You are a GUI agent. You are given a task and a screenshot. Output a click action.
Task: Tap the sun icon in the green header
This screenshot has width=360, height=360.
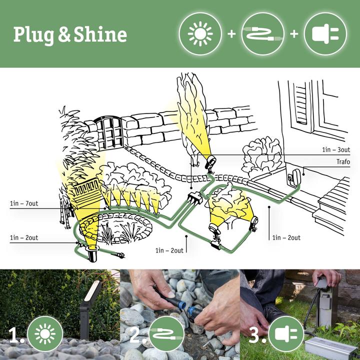[x=200, y=33]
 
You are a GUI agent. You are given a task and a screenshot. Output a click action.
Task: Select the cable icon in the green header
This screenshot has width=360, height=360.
[x=262, y=33]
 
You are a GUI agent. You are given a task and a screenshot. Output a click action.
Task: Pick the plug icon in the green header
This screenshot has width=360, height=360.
[x=325, y=33]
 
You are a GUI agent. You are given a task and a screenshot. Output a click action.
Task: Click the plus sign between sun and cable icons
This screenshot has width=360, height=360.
[x=231, y=34]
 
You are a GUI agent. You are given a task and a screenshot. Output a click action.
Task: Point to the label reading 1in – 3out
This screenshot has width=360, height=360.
[x=336, y=149]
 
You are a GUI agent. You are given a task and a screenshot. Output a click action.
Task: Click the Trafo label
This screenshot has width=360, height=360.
[x=343, y=162]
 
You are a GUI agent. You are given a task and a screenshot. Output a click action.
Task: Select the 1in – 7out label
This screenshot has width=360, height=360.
[x=23, y=203]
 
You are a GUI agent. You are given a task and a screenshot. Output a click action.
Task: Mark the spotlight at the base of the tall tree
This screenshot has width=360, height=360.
[x=210, y=161]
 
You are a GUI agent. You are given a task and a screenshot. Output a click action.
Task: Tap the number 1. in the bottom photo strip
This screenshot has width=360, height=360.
[x=16, y=336]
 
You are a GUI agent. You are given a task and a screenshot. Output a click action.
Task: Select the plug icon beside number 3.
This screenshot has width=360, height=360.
[x=286, y=334]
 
